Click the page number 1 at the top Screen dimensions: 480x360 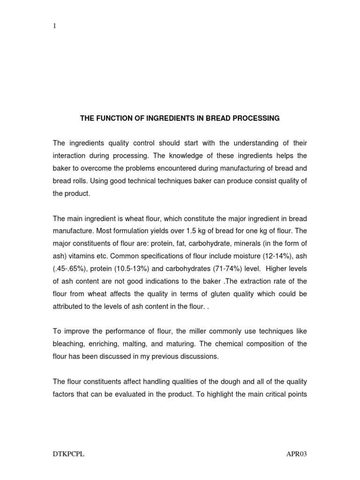(x=54, y=27)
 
